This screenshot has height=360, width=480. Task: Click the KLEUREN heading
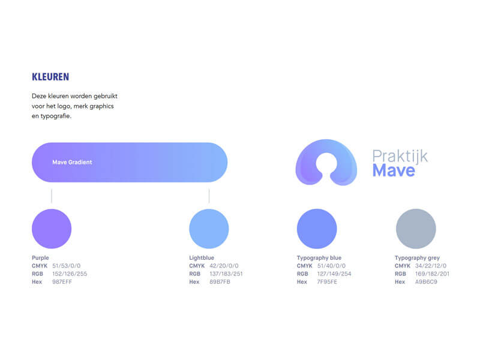(x=50, y=77)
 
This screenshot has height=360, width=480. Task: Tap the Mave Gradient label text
(x=72, y=162)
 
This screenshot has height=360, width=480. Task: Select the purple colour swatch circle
(x=52, y=229)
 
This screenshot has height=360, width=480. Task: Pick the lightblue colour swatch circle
(x=209, y=229)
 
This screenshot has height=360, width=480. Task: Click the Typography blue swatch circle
(x=317, y=229)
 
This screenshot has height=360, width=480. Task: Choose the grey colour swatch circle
(x=416, y=229)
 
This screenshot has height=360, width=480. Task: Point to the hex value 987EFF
(x=62, y=281)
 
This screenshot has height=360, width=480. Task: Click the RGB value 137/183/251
(x=226, y=274)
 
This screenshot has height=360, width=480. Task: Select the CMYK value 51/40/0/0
(x=331, y=266)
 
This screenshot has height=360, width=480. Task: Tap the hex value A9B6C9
(x=426, y=281)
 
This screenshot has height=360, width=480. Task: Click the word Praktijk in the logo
(x=400, y=157)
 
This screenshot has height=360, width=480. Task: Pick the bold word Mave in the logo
(x=394, y=170)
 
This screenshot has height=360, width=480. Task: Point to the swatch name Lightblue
(x=202, y=258)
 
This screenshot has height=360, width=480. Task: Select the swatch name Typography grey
(x=417, y=258)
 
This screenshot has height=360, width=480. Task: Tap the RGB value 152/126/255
(x=70, y=274)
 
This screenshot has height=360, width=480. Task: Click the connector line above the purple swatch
(x=52, y=196)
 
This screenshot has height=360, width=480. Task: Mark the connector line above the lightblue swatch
(x=209, y=196)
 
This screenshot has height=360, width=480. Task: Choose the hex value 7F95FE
(x=327, y=281)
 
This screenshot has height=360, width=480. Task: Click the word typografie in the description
(x=56, y=116)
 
